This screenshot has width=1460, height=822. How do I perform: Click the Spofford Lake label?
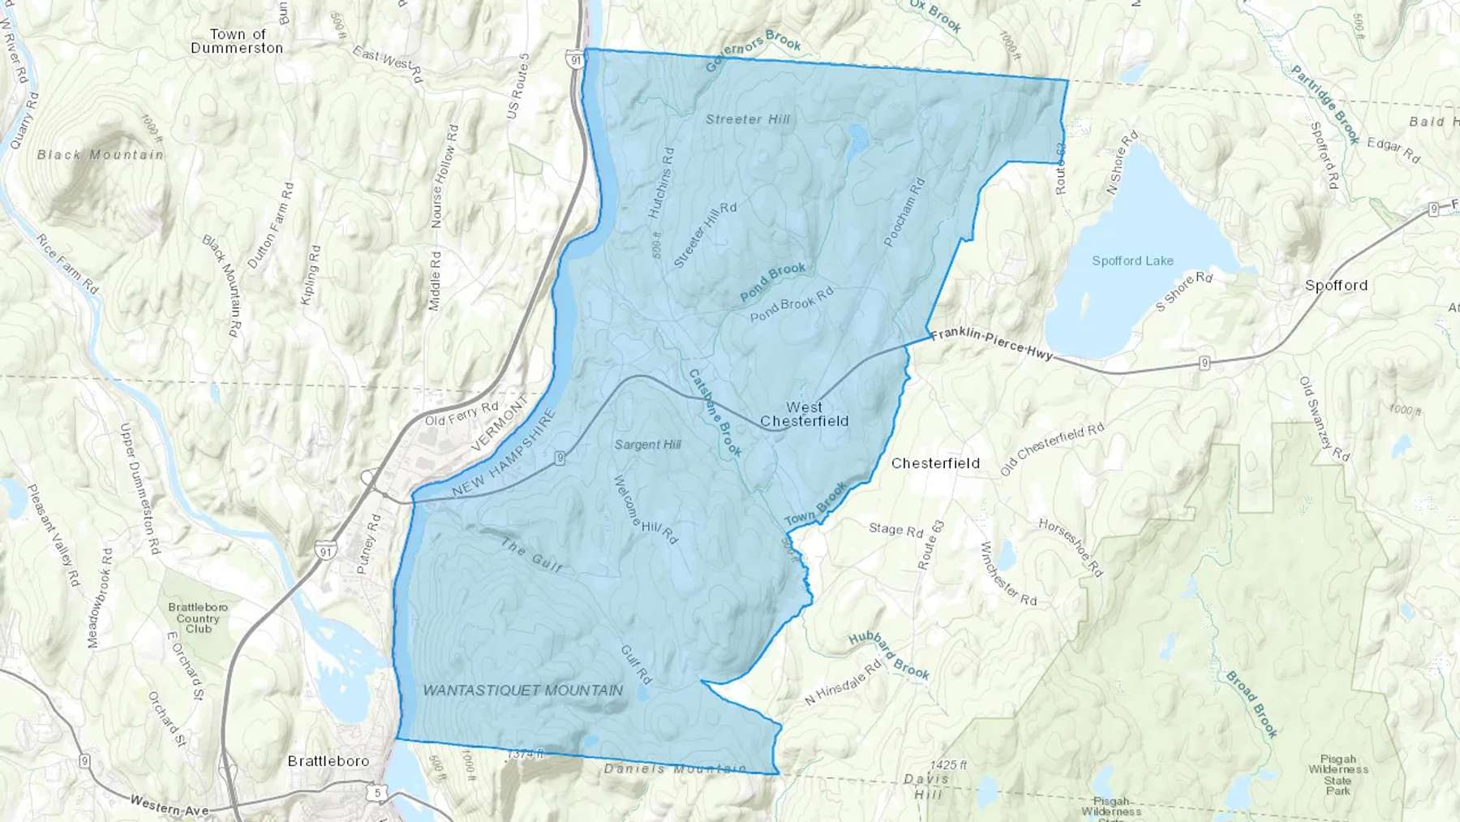tap(1132, 260)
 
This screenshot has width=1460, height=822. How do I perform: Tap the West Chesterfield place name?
tap(804, 414)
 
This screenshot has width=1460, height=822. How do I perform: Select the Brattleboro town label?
tap(328, 761)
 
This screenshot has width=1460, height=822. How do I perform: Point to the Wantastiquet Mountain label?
tap(523, 691)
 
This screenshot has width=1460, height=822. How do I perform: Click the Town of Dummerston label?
tap(237, 41)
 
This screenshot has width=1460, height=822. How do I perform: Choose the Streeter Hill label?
tap(747, 119)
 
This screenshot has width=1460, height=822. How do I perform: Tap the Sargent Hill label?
tap(647, 445)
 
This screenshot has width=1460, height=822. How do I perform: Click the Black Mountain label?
tap(101, 154)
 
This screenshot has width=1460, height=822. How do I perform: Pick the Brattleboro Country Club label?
tap(198, 618)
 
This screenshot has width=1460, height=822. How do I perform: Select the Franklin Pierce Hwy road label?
tap(991, 343)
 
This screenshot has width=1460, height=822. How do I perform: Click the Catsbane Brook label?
tap(715, 412)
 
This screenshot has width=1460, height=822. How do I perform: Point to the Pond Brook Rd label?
tap(792, 304)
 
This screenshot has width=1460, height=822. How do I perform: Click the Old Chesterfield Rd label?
tap(1052, 449)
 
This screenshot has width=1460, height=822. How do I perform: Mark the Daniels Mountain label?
tap(675, 768)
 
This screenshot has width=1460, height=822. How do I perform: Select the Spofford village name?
tap(1336, 286)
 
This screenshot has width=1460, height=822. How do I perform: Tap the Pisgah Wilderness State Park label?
tap(1338, 775)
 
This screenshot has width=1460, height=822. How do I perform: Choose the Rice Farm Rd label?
tap(67, 264)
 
